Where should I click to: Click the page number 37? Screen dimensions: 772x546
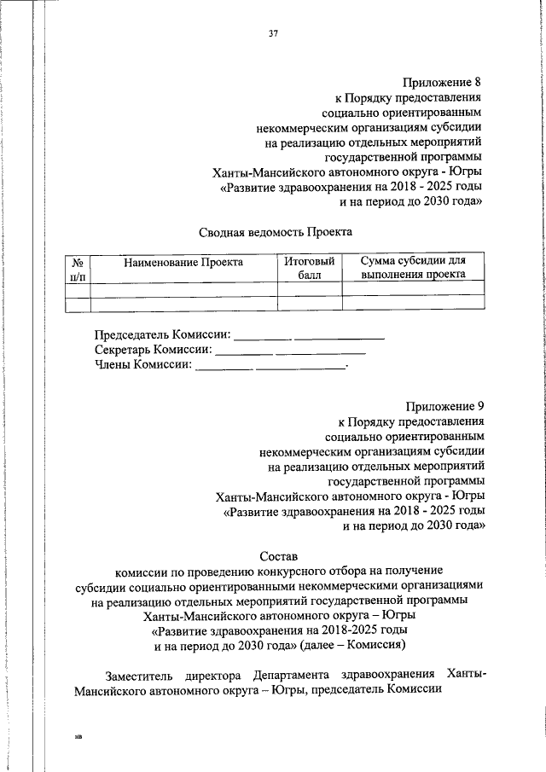[x=273, y=34]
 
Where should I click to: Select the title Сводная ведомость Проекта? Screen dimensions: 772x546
[x=276, y=231]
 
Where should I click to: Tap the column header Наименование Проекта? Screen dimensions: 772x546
[x=183, y=262]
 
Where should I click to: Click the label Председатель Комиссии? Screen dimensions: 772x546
[x=162, y=334]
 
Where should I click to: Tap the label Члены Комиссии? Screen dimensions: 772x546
[x=143, y=365]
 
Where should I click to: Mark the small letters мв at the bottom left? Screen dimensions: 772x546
[x=78, y=732]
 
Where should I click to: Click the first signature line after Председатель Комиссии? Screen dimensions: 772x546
[x=263, y=340]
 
